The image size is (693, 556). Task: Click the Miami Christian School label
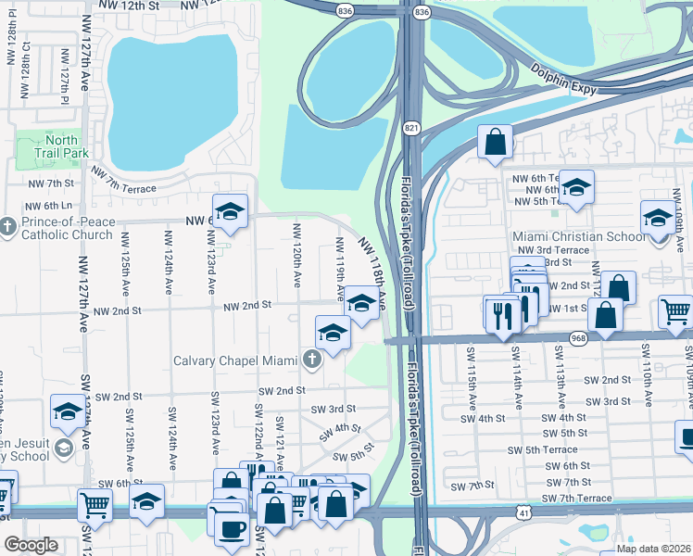tap(580, 237)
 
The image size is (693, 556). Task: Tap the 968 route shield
tap(578, 339)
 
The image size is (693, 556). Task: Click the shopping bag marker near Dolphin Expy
tap(496, 142)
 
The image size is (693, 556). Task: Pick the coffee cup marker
tap(233, 528)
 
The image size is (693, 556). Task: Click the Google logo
tap(31, 545)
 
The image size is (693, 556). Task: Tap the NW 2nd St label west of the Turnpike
tap(246, 304)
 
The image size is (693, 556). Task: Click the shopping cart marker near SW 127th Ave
tap(94, 505)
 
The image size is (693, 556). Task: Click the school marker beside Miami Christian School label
tap(658, 218)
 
